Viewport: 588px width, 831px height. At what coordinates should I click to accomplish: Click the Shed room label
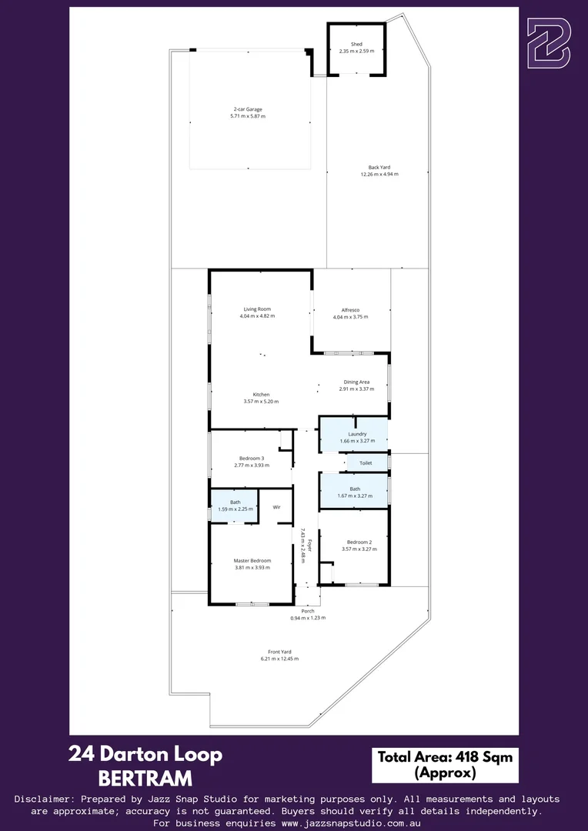coord(356,45)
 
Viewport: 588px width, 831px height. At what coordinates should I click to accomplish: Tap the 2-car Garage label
coord(248,109)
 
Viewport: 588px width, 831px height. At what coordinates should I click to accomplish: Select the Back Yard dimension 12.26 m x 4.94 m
coord(379,175)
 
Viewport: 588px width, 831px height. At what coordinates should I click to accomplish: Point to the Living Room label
coord(257,309)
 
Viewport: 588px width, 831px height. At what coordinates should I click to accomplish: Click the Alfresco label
coord(351,309)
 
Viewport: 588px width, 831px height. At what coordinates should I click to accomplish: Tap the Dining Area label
coord(356,382)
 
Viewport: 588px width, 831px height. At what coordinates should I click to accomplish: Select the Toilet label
coord(366,463)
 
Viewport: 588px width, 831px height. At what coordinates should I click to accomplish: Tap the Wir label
coord(276,507)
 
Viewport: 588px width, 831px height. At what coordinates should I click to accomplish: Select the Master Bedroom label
coord(252,561)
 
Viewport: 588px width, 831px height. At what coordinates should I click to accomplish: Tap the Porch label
coord(308,611)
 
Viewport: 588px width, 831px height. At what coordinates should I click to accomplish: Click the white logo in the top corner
coord(548,44)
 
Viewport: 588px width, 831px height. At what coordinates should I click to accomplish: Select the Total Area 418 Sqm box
coord(445,764)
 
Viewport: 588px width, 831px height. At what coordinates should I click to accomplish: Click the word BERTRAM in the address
coord(145,779)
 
